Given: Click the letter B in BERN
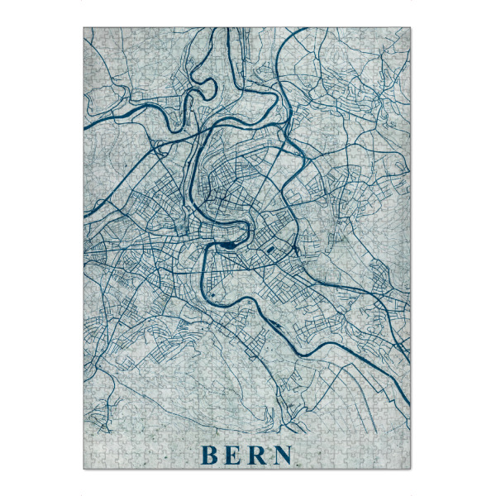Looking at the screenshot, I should click(x=209, y=455).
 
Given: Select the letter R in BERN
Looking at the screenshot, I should click(x=258, y=455).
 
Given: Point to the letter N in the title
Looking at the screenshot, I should click(x=283, y=455).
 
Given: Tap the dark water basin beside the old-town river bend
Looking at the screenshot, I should click(x=228, y=245).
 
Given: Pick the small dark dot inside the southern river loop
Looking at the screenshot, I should click(x=212, y=295).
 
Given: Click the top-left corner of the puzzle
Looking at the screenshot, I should click(x=83, y=27).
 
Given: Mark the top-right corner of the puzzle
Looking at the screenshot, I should click(x=411, y=27).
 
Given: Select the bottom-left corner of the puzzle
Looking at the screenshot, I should click(x=83, y=470).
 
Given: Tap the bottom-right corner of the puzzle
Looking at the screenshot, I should click(x=411, y=470).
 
